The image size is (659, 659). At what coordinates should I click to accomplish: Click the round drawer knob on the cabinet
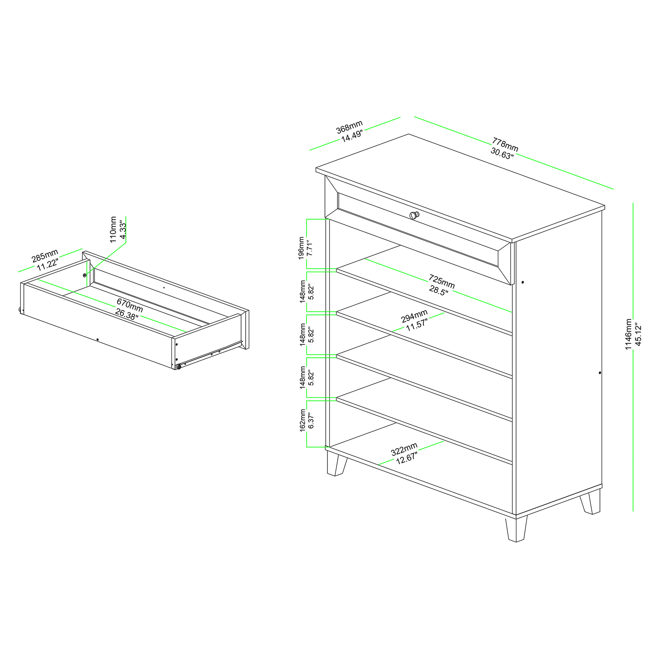pyautogui.click(x=415, y=215)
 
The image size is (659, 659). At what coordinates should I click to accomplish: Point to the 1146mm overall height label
pyautogui.click(x=633, y=334)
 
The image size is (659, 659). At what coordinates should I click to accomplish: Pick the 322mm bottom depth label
pyautogui.click(x=405, y=453)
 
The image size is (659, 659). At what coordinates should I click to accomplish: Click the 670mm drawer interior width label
pyautogui.click(x=129, y=309)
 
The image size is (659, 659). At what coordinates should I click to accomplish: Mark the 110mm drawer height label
pyautogui.click(x=118, y=230)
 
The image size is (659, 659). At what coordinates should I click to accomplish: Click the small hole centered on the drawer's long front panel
pyautogui.click(x=98, y=339)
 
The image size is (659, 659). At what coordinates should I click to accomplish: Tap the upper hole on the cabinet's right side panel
pyautogui.click(x=523, y=282)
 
